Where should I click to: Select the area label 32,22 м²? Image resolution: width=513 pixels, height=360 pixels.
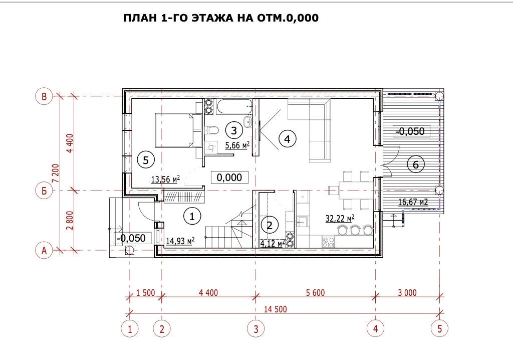click(x=340, y=219)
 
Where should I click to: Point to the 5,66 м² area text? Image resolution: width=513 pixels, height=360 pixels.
click(x=237, y=145)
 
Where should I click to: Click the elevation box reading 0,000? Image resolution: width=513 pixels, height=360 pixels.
click(x=229, y=177)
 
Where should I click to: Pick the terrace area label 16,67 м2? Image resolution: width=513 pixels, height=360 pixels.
click(x=413, y=202)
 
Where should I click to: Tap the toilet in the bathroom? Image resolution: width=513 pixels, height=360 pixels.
click(x=211, y=130)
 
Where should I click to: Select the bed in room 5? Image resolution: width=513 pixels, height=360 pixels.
click(x=178, y=130)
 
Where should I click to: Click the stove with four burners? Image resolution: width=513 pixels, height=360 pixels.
click(x=329, y=242)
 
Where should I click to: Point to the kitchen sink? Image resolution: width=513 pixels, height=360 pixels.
click(x=302, y=222)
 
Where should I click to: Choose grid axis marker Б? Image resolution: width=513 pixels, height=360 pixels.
click(x=44, y=191)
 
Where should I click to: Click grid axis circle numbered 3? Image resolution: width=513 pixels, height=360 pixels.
click(x=256, y=328)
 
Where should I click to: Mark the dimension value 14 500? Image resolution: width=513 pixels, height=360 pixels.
click(x=276, y=309)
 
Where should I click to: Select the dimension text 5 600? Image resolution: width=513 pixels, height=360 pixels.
click(x=316, y=292)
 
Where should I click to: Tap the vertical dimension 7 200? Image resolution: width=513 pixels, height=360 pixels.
click(x=56, y=173)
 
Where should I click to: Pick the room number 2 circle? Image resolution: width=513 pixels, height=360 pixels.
click(x=270, y=225)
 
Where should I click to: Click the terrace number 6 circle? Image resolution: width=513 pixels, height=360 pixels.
click(x=415, y=164)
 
